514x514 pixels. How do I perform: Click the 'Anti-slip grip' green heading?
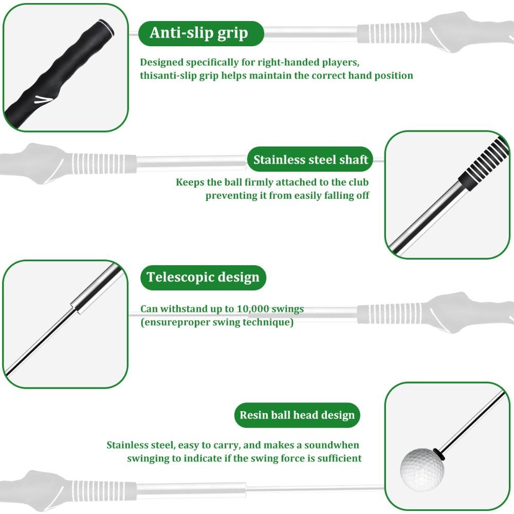click(x=199, y=33)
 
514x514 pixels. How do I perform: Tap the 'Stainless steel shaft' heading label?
click(x=310, y=159)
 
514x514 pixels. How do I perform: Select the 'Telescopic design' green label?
click(x=203, y=277)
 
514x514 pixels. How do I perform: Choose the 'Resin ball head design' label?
click(x=297, y=415)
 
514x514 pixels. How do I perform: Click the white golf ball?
click(x=421, y=469)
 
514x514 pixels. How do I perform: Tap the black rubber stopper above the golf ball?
click(x=438, y=453)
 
